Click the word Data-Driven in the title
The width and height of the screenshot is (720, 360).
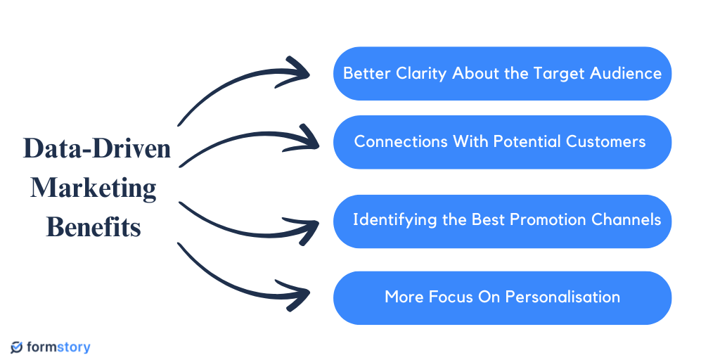pyautogui.click(x=97, y=149)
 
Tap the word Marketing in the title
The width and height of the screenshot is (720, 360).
pyautogui.click(x=94, y=188)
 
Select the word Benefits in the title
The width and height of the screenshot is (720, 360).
pyautogui.click(x=94, y=227)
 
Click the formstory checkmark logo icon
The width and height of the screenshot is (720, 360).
pyautogui.click(x=17, y=347)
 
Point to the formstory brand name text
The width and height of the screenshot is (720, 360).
pyautogui.click(x=59, y=347)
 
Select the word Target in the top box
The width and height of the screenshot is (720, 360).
pyautogui.click(x=562, y=73)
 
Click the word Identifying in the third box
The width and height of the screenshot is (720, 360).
pyautogui.click(x=394, y=219)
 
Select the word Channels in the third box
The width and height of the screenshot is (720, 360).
pyautogui.click(x=626, y=219)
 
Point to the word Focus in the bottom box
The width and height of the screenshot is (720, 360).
pyautogui.click(x=444, y=297)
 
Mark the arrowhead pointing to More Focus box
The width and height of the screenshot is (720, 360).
pyautogui.click(x=301, y=294)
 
